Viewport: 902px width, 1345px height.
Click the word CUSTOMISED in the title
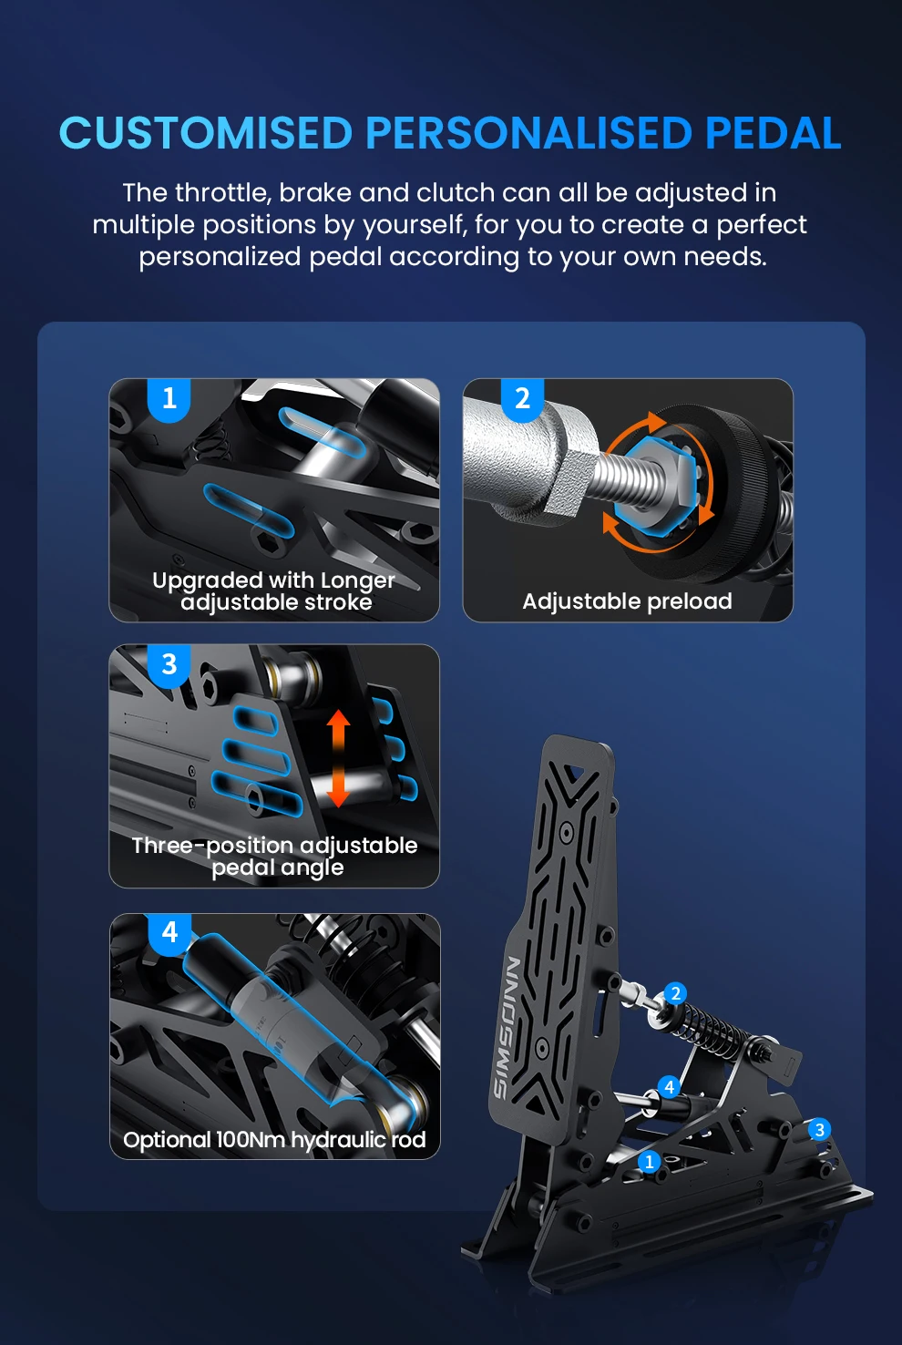[x=205, y=132]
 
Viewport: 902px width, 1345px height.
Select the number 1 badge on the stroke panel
[x=169, y=399]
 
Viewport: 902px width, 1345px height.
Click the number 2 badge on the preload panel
[x=522, y=399]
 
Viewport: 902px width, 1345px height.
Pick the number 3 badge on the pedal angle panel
[x=169, y=665]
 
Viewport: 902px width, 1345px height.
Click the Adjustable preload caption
[x=628, y=601]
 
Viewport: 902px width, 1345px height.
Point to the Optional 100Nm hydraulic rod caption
[x=274, y=1140]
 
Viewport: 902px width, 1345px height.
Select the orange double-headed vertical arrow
[x=338, y=758]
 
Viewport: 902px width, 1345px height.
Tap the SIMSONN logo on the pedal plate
[x=507, y=1027]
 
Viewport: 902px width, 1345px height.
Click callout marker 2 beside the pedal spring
[x=676, y=994]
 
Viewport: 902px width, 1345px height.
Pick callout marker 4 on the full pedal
[x=670, y=1086]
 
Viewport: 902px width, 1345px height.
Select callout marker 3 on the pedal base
[x=820, y=1129]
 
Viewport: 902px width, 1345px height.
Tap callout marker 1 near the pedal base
[x=650, y=1162]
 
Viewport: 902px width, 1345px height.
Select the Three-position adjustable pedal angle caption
[x=275, y=857]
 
